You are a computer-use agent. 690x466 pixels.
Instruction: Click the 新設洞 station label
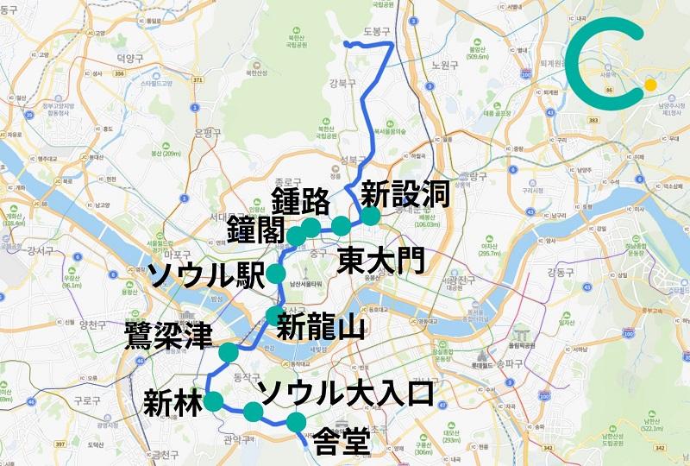tap(405, 194)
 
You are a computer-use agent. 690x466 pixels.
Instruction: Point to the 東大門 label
tap(380, 259)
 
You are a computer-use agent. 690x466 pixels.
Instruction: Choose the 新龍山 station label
tap(319, 327)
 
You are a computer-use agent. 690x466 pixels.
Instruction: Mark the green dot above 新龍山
tap(274, 314)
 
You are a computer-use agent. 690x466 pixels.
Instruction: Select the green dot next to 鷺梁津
tap(229, 352)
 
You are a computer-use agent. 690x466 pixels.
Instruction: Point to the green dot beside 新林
tap(212, 400)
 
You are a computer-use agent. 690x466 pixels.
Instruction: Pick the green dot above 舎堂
tap(296, 422)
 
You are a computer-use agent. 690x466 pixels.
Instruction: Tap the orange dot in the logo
tap(649, 85)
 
